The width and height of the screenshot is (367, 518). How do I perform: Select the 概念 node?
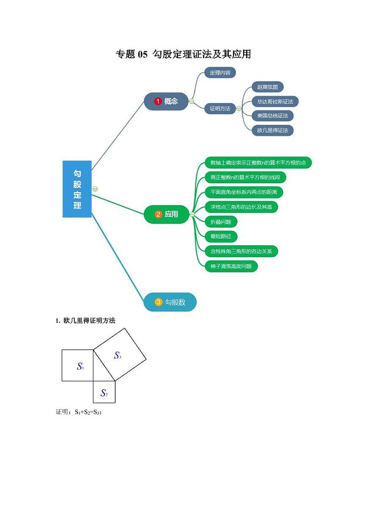pos(166,101)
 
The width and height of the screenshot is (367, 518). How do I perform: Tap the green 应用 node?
pos(167,214)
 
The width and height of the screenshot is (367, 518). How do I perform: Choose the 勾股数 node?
pos(171,302)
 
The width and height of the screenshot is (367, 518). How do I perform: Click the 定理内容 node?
pos(220,72)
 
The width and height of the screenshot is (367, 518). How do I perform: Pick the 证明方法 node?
pos(220,108)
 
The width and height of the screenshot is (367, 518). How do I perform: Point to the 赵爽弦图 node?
pos(268,87)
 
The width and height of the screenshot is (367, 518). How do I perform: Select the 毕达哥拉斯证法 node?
pos(275,101)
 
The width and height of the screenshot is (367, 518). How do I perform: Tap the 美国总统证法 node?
pos(273,115)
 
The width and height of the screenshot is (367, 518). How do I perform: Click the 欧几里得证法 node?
pos(273,130)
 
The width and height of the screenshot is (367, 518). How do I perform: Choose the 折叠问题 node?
pos(221,222)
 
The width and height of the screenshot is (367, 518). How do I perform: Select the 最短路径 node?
pos(221,236)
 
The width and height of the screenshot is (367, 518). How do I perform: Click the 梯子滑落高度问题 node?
pos(231,266)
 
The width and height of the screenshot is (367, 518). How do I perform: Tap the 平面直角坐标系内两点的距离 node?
pos(244,192)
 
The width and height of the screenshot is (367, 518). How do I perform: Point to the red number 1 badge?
pos(158,101)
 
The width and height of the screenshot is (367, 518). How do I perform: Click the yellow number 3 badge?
pos(159,302)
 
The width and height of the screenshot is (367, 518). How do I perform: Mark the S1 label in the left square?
pos(80,366)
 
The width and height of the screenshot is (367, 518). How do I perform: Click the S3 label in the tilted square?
pos(118,355)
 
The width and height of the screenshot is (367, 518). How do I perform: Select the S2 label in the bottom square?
pos(104,393)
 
